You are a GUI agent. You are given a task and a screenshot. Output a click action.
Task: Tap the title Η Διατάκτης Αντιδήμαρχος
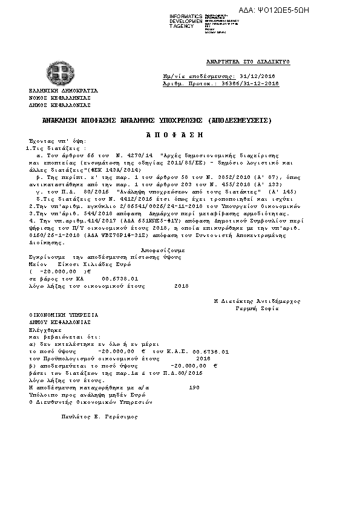pos(257,301)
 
